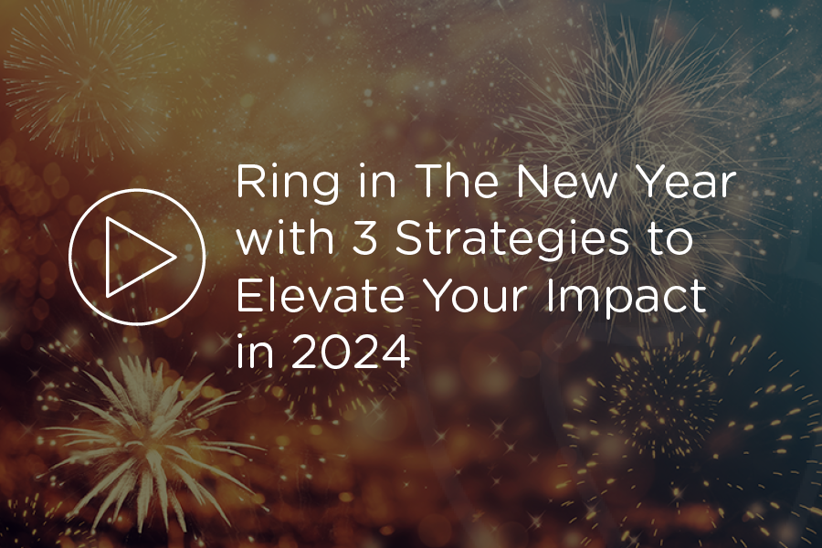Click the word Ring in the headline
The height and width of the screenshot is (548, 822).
279,185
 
